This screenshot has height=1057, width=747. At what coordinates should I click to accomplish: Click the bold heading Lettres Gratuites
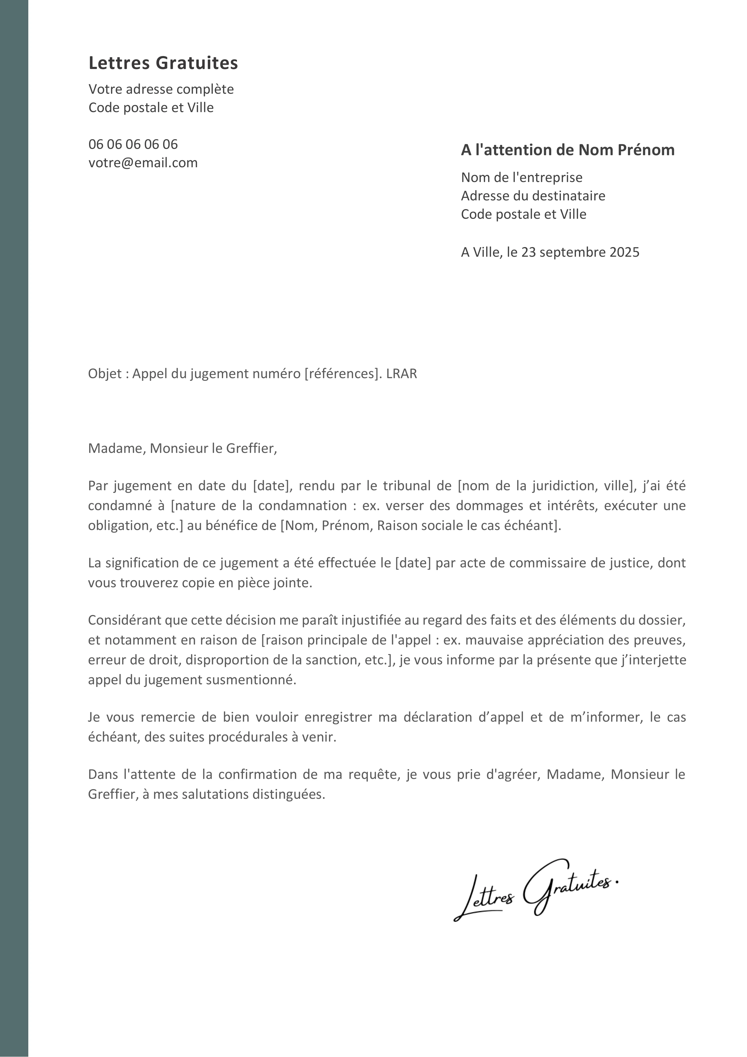[x=163, y=63]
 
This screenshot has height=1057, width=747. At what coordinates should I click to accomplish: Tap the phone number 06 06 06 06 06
[x=133, y=144]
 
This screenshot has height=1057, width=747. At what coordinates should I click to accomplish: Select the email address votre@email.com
[x=143, y=162]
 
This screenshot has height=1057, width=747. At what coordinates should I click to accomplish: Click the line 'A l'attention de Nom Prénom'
[x=568, y=150]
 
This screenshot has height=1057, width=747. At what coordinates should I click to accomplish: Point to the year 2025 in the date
[x=624, y=252]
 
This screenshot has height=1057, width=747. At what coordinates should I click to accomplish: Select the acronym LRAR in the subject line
[x=402, y=374]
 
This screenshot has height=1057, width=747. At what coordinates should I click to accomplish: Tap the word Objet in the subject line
[x=104, y=374]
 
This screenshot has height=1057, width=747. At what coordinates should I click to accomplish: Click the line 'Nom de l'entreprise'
[x=521, y=177]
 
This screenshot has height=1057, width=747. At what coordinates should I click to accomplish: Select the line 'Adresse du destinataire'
[x=533, y=196]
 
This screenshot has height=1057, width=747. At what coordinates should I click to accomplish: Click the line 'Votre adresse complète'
[x=161, y=89]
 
